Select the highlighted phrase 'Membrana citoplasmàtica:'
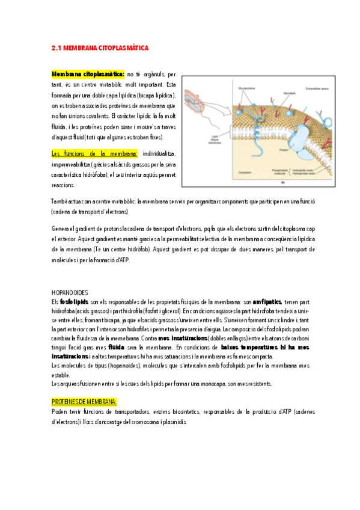88,74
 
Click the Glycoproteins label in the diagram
246,87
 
